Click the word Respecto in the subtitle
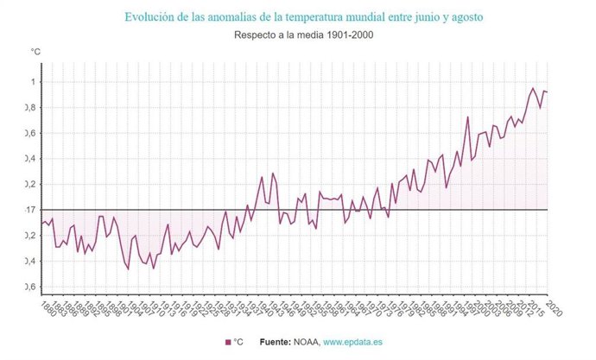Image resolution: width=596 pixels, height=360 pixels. click(254, 35)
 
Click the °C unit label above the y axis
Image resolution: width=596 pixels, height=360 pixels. click(35, 53)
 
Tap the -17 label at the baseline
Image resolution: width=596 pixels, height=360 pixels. click(32, 210)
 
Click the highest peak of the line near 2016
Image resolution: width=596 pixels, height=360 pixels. click(533, 88)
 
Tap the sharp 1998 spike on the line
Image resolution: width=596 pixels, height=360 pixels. click(467, 117)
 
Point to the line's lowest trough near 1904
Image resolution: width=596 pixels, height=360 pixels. click(128, 268)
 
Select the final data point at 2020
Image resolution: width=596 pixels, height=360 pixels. click(547, 92)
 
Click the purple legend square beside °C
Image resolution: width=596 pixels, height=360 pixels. click(228, 343)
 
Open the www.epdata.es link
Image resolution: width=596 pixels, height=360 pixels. click(353, 343)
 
